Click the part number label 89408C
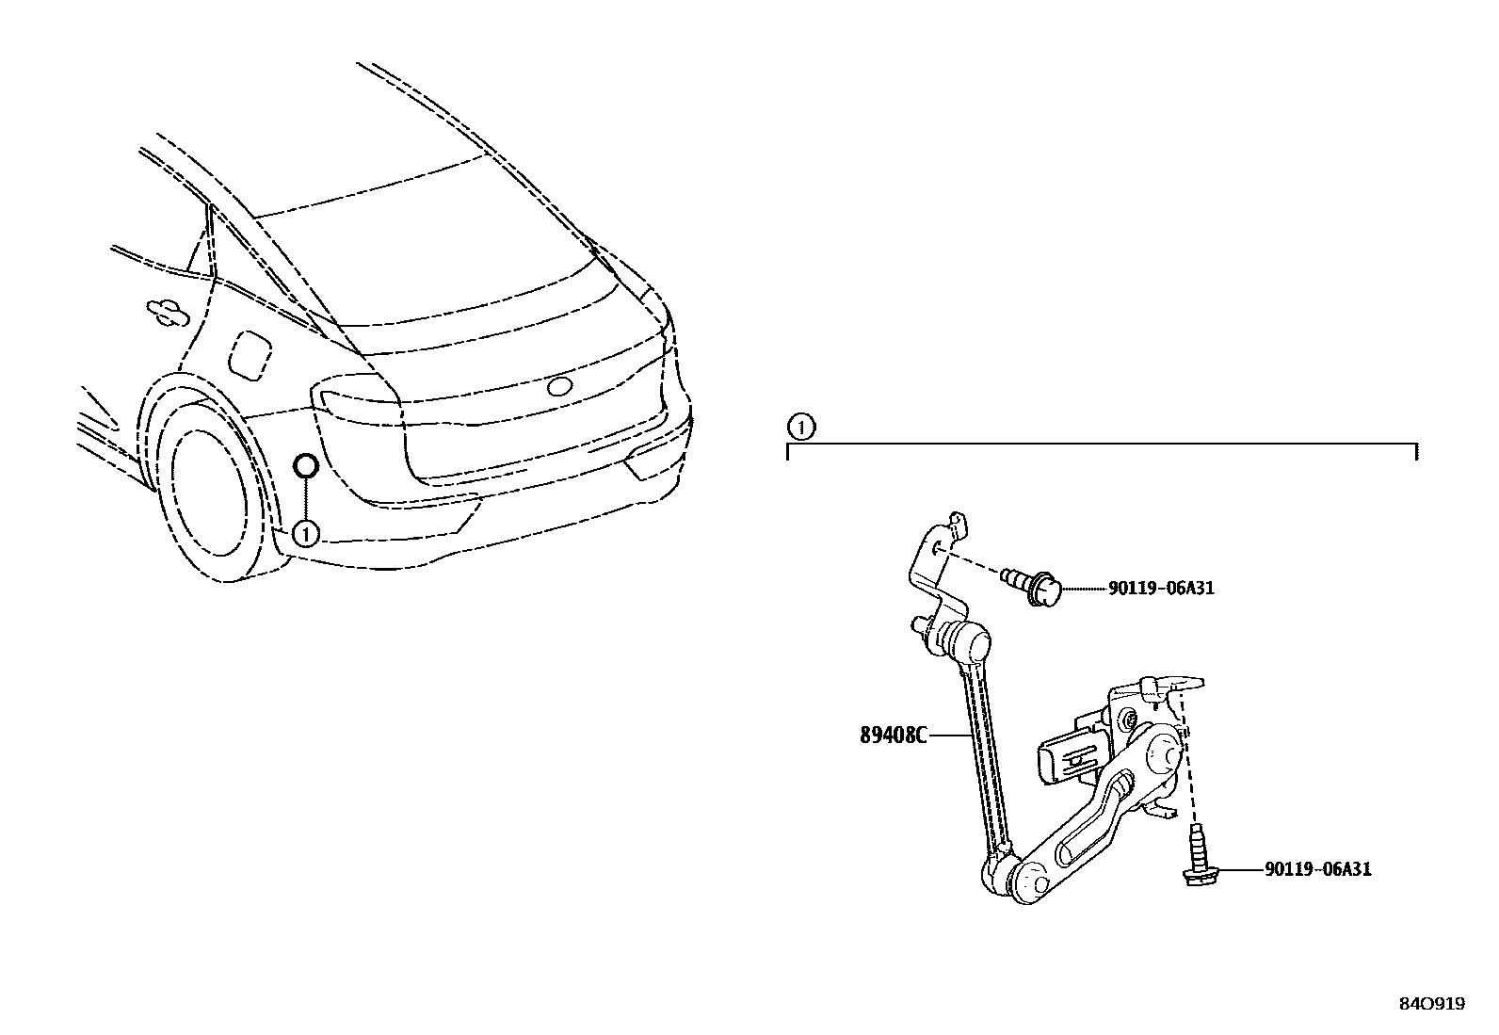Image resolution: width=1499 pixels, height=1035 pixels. [x=893, y=736]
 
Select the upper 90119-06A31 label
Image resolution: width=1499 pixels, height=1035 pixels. [x=1160, y=589]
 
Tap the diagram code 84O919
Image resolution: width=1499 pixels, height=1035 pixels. [x=1431, y=1004]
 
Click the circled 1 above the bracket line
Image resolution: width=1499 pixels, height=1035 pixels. [x=799, y=429]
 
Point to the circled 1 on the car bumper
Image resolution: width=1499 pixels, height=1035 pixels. [x=306, y=534]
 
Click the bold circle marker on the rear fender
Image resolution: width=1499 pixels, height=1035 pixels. [x=306, y=466]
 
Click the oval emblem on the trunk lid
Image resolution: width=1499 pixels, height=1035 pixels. [x=559, y=386]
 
